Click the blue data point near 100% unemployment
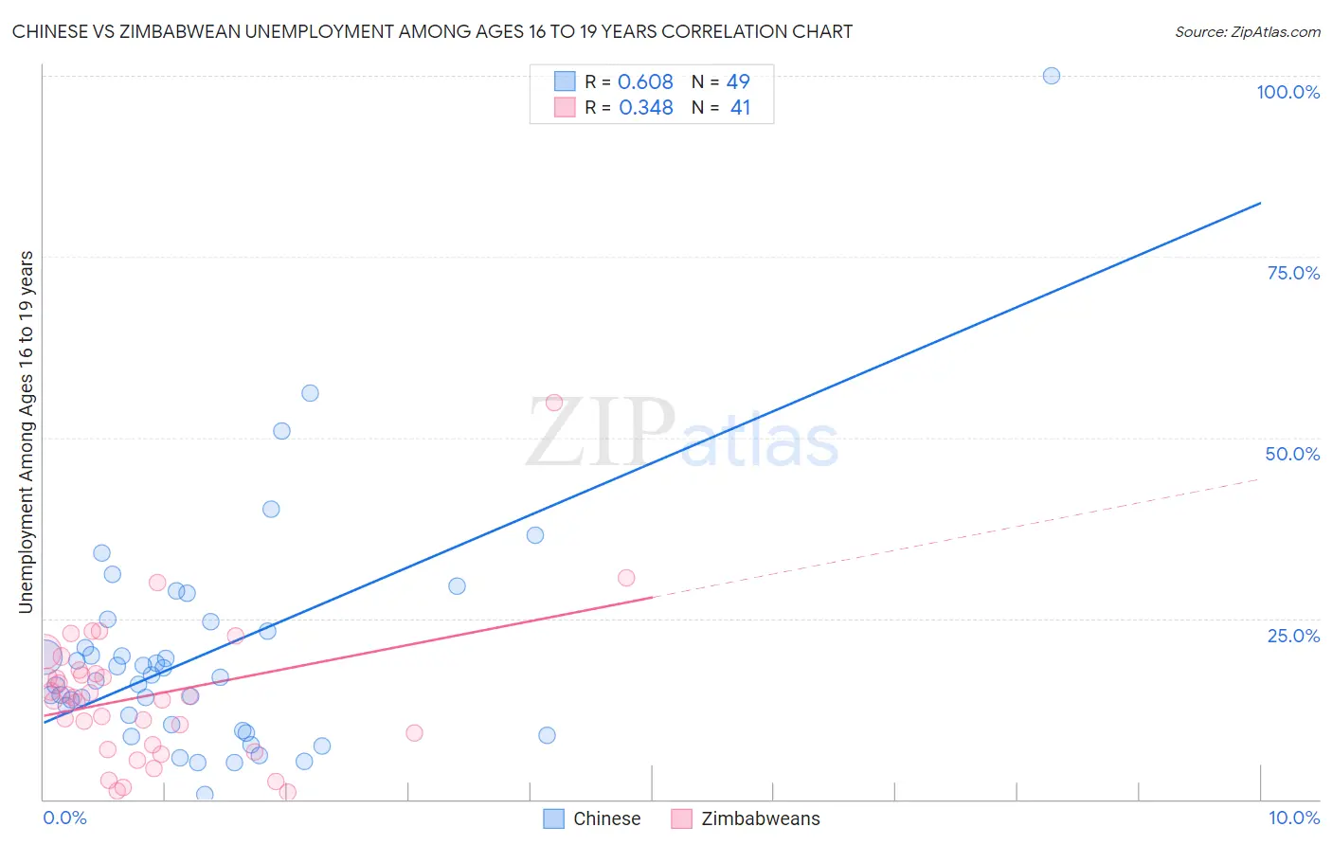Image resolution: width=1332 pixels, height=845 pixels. (1051, 76)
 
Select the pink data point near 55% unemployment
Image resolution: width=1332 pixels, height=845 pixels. (554, 403)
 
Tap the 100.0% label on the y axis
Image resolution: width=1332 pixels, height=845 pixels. (1287, 92)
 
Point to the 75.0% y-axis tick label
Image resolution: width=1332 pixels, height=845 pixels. (1293, 273)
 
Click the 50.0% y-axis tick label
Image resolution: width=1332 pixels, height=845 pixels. (1292, 454)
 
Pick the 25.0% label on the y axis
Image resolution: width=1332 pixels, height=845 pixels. (1293, 636)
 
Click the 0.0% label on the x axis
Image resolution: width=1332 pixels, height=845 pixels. (64, 818)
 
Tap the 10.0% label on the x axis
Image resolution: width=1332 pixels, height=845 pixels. (1293, 818)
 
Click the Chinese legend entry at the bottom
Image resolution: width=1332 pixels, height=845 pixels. (606, 818)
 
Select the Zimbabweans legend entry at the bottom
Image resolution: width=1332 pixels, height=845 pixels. (760, 818)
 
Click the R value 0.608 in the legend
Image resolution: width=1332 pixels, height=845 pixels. (645, 82)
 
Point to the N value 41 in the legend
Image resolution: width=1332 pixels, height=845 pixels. (740, 108)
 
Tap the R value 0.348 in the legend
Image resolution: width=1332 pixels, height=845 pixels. (645, 108)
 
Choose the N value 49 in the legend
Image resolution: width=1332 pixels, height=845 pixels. (738, 82)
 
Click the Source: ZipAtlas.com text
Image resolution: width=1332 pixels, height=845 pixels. (1247, 32)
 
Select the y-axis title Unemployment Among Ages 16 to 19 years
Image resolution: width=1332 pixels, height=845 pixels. (27, 432)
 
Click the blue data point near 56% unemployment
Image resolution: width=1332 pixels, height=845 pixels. (310, 393)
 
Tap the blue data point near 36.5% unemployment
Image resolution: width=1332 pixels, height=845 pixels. (535, 535)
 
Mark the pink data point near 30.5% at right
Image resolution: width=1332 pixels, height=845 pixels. (625, 578)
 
